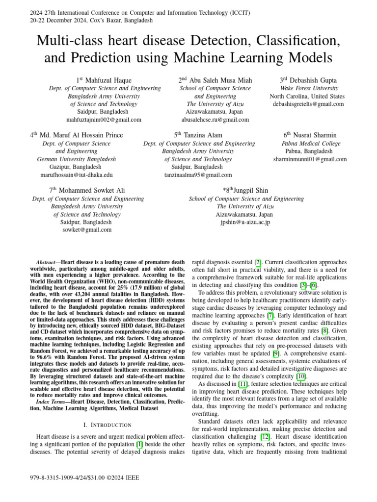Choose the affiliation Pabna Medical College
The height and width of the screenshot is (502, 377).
310,144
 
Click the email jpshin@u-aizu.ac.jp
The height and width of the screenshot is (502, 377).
245,222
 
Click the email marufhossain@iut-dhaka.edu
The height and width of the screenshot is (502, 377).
77,175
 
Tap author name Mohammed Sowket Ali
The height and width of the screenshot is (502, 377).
87,190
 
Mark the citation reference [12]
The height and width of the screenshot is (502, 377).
265,436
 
